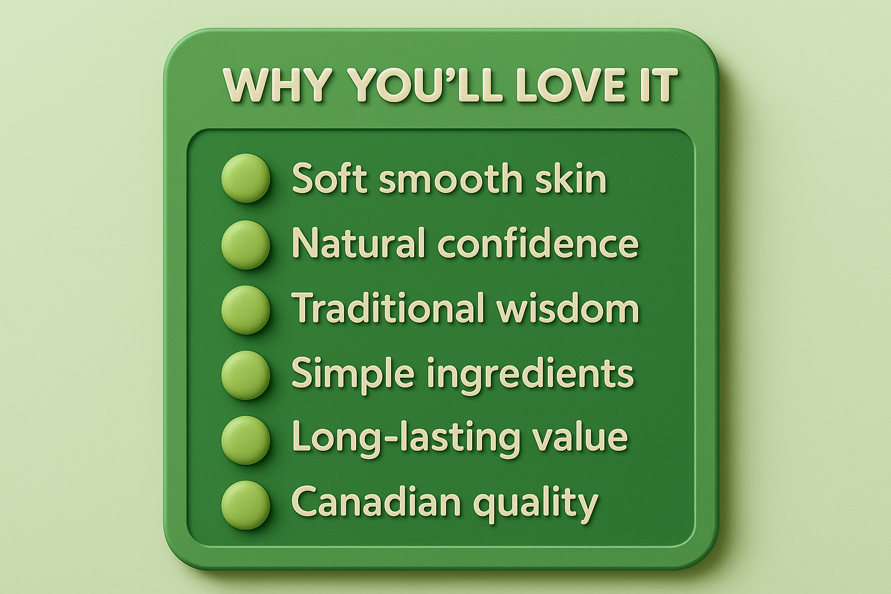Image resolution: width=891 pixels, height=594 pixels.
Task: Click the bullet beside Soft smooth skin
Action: (246, 178)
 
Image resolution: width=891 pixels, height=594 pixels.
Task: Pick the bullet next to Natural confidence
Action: (246, 244)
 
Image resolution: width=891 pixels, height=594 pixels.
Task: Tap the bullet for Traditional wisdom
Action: (246, 309)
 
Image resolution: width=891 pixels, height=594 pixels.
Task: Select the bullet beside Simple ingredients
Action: (246, 374)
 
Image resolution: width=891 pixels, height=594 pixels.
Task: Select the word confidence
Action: (538, 244)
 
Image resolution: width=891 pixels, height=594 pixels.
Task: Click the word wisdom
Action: (568, 309)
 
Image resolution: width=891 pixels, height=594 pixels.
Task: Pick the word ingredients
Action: (530, 375)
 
